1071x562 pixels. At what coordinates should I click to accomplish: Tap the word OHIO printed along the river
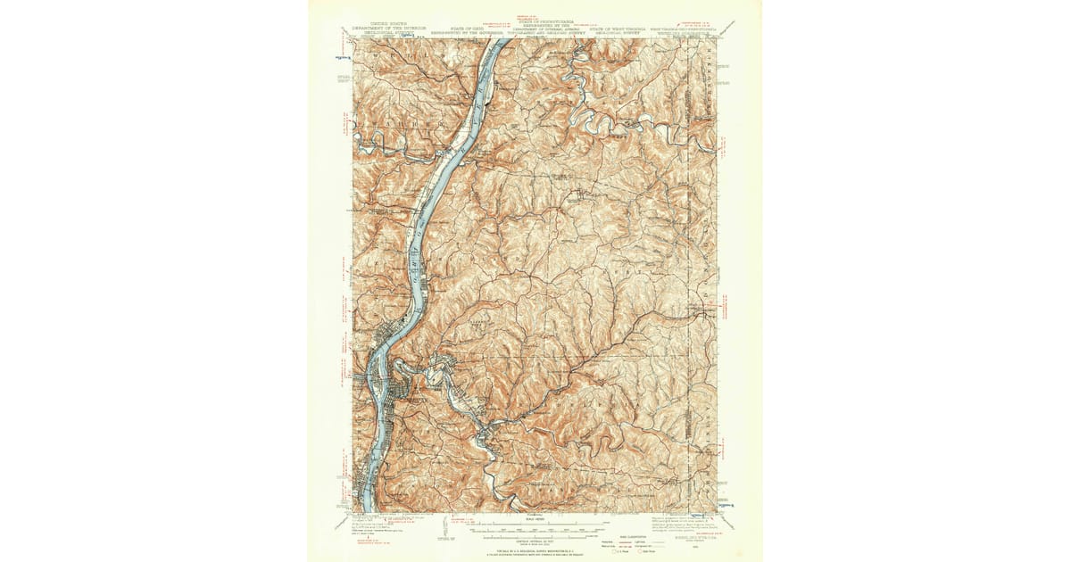[416, 241]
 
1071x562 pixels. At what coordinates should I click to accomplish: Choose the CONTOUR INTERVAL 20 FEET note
[535, 541]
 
